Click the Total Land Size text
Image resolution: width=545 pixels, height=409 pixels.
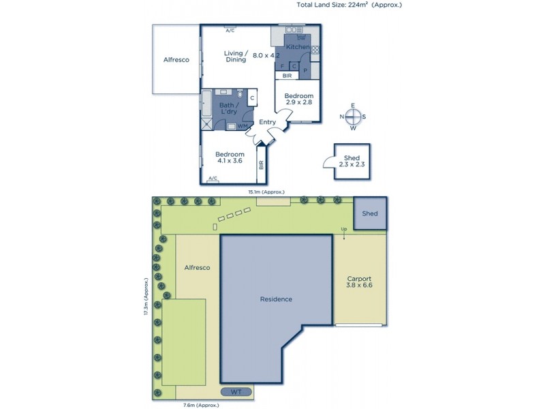[349, 5]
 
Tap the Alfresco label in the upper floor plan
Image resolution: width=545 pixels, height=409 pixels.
[176, 60]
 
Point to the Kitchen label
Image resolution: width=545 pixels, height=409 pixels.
[297, 46]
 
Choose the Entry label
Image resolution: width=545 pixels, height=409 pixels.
[267, 122]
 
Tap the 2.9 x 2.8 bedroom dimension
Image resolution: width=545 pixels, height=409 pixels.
[298, 102]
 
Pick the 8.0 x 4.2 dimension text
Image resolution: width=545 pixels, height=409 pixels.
[266, 55]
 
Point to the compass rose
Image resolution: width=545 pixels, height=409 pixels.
[353, 117]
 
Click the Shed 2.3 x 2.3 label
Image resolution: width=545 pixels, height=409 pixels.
[352, 162]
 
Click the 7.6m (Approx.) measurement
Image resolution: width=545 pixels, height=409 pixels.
[202, 405]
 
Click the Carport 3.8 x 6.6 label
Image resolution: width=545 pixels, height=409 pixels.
[358, 283]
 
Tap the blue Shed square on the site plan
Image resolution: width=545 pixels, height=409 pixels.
[370, 213]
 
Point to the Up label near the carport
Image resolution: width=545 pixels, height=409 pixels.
[344, 229]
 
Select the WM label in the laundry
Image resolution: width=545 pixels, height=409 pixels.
[242, 126]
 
